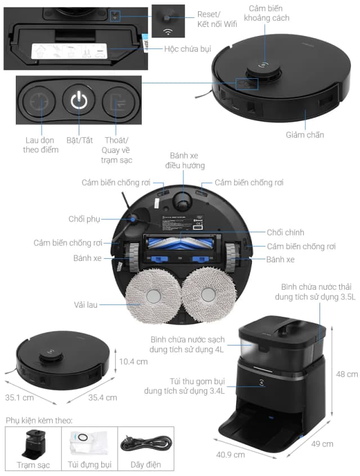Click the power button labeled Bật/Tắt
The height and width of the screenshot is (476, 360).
[79, 102]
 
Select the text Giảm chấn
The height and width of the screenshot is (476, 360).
[305, 135]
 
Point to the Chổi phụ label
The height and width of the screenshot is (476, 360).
[84, 219]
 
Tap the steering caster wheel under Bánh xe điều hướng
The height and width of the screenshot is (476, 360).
[183, 198]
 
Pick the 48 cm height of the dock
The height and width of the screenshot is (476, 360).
[346, 374]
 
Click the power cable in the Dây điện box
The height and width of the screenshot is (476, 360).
[146, 443]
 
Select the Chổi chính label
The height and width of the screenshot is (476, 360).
[286, 232]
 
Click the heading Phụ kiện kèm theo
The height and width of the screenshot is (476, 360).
[39, 420]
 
